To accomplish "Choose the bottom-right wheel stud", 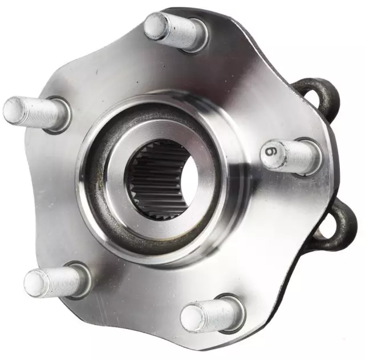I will pyautogui.click(x=211, y=314).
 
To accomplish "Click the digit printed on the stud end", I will pyautogui.click(x=271, y=152).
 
